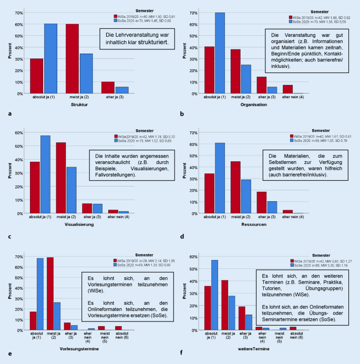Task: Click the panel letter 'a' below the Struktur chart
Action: [x=10, y=113]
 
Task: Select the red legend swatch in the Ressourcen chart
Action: [x=291, y=136]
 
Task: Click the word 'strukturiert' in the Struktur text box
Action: [x=152, y=41]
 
